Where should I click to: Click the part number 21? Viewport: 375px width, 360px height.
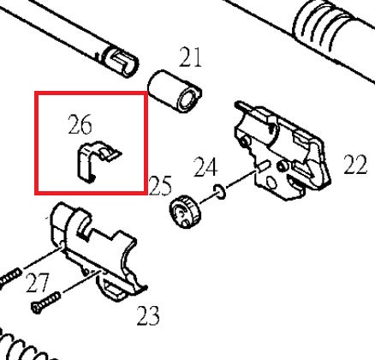point(190,57)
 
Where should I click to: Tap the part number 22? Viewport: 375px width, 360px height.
point(355,165)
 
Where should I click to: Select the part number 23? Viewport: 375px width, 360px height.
point(148,315)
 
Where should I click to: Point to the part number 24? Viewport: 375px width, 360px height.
point(205,167)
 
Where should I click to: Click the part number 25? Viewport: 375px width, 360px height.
point(160,185)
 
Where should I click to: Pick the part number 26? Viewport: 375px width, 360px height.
point(80,124)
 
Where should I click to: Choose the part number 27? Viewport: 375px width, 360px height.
point(38,283)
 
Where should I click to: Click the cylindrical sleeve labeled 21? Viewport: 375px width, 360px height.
point(175,91)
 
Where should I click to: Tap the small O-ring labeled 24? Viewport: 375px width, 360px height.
point(219,191)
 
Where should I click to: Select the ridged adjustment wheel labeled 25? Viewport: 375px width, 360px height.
point(185,212)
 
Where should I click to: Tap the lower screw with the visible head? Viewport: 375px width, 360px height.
point(45,303)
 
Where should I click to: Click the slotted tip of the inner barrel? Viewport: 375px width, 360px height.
point(121,62)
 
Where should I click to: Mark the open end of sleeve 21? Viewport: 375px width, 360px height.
point(189,99)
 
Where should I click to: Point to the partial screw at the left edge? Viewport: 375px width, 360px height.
point(10,276)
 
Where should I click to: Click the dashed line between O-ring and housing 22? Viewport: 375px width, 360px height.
point(241,179)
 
